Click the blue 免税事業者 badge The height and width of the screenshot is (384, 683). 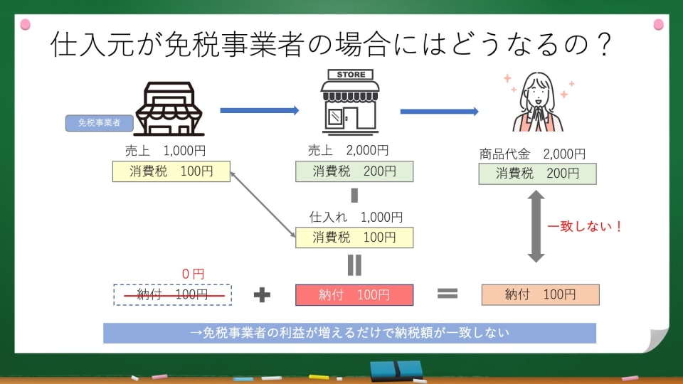[x=99, y=123]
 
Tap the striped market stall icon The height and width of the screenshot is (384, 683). [x=169, y=109]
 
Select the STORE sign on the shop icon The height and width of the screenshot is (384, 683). [x=351, y=75]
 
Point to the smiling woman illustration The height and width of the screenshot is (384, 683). [x=538, y=103]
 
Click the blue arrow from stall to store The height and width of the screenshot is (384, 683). [x=259, y=110]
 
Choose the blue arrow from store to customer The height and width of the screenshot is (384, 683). [x=439, y=111]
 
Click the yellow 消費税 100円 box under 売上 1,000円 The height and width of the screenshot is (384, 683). [x=171, y=171]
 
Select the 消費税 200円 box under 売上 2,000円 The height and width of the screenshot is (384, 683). [x=354, y=171]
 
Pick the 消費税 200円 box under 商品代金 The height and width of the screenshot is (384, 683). [x=537, y=174]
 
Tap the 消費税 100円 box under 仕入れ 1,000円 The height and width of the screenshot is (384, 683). [x=354, y=238]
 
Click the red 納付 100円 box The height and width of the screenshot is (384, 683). [x=354, y=294]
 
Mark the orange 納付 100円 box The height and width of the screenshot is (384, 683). [x=540, y=294]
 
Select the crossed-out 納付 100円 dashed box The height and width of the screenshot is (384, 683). [x=172, y=294]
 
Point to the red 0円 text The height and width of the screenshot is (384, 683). [x=193, y=273]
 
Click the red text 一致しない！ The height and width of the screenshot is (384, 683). [x=585, y=227]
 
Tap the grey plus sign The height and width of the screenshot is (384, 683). [x=263, y=294]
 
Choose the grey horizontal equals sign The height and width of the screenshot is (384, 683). [x=446, y=294]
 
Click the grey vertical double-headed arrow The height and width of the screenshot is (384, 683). [x=536, y=226]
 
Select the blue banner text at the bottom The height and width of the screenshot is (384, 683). [x=349, y=333]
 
